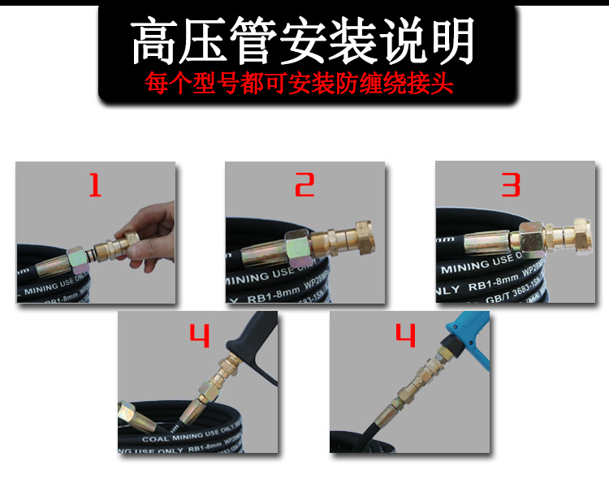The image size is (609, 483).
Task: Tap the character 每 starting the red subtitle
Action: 155,83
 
